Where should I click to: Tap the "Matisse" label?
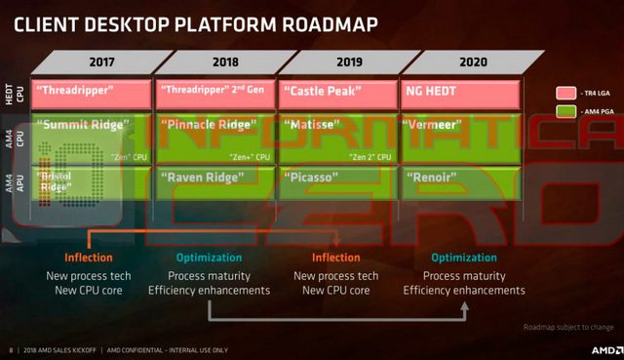tap(311, 127)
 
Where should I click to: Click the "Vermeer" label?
tap(435, 127)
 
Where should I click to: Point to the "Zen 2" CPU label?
tap(370, 156)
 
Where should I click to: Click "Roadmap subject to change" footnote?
tap(567, 327)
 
